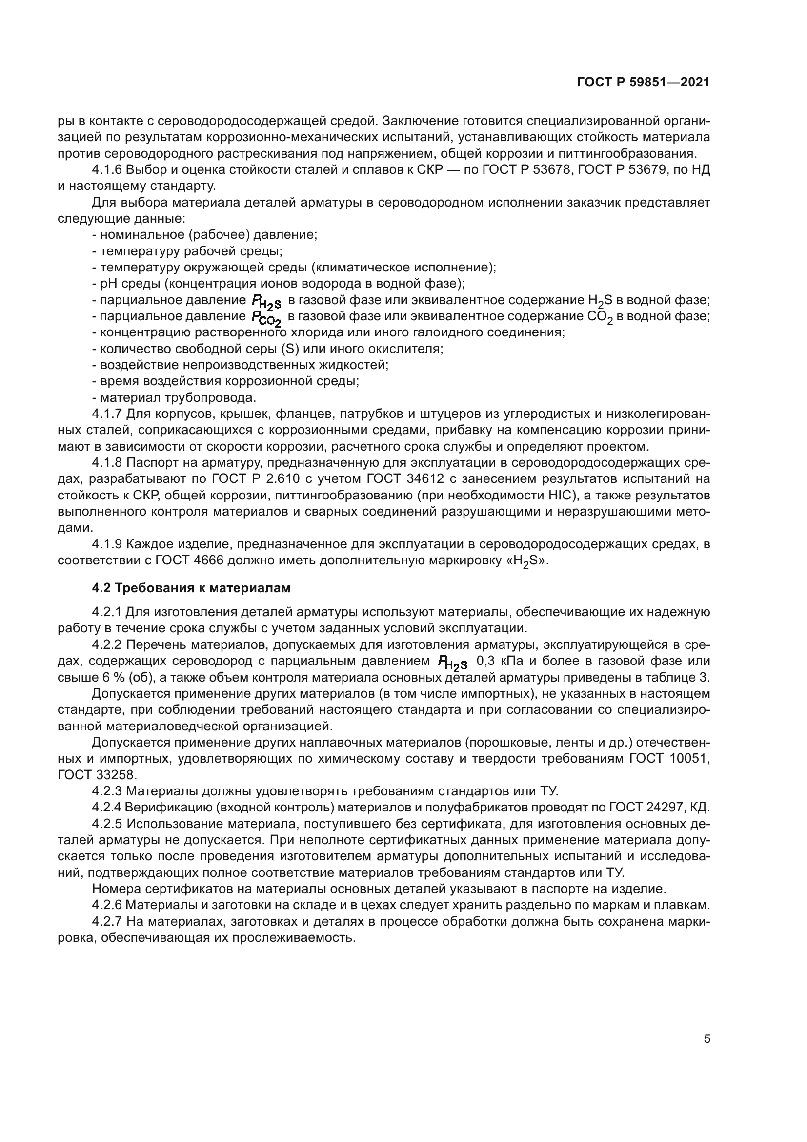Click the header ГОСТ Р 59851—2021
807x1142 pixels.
click(644, 83)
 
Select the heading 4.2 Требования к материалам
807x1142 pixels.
click(191, 588)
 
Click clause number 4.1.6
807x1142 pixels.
click(106, 170)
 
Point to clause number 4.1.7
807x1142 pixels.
click(106, 414)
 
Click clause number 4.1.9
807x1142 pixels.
click(106, 544)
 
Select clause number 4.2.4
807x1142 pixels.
click(106, 807)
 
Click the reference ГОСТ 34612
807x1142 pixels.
click(403, 479)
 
